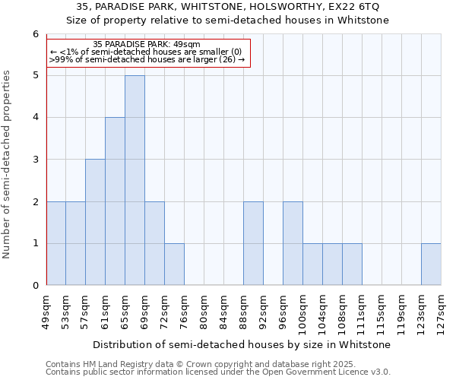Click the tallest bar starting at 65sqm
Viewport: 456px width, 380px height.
click(135, 180)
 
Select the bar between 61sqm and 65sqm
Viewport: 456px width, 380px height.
click(115, 201)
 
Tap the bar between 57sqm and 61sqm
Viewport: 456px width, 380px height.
click(95, 222)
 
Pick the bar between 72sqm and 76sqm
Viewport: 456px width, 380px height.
click(174, 264)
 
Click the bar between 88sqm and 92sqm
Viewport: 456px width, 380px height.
click(253, 243)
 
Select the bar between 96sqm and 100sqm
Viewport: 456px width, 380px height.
click(293, 243)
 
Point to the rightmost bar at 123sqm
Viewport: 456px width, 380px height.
click(431, 264)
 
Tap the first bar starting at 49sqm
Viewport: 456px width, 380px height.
click(55, 243)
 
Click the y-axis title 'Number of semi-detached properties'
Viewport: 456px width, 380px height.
click(7, 164)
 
